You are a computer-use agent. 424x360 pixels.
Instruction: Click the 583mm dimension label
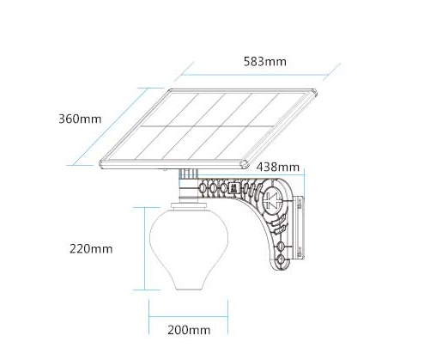pyautogui.click(x=265, y=62)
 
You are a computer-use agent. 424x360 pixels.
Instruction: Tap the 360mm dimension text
pyautogui.click(x=80, y=119)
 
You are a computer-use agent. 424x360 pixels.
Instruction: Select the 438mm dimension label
pyautogui.click(x=278, y=167)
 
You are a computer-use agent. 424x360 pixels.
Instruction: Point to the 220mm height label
pyautogui.click(x=91, y=248)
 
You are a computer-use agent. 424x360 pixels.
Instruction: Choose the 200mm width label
pyautogui.click(x=189, y=330)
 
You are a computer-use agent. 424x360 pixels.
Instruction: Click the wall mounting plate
pyautogui.click(x=300, y=228)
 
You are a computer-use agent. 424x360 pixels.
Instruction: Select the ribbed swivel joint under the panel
pyautogui.click(x=188, y=174)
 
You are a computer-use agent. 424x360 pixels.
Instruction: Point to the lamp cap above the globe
pyautogui.click(x=189, y=205)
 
